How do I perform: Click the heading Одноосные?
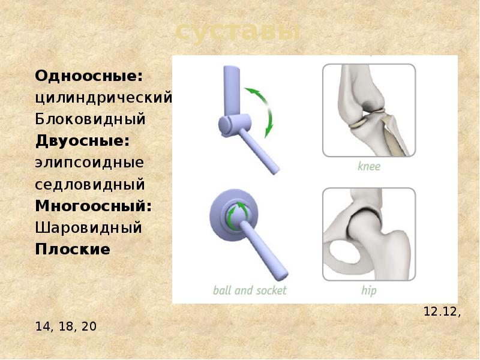click(x=89, y=76)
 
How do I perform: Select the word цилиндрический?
click(x=104, y=98)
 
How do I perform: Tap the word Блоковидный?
click(x=91, y=119)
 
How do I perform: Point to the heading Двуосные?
click(x=83, y=141)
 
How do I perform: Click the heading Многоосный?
click(x=93, y=206)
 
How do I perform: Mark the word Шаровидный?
click(x=89, y=228)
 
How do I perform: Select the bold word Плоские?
click(x=73, y=249)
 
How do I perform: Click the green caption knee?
click(x=368, y=166)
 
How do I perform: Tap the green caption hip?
click(x=368, y=290)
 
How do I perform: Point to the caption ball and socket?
click(x=250, y=290)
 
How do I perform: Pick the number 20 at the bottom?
click(x=88, y=327)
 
